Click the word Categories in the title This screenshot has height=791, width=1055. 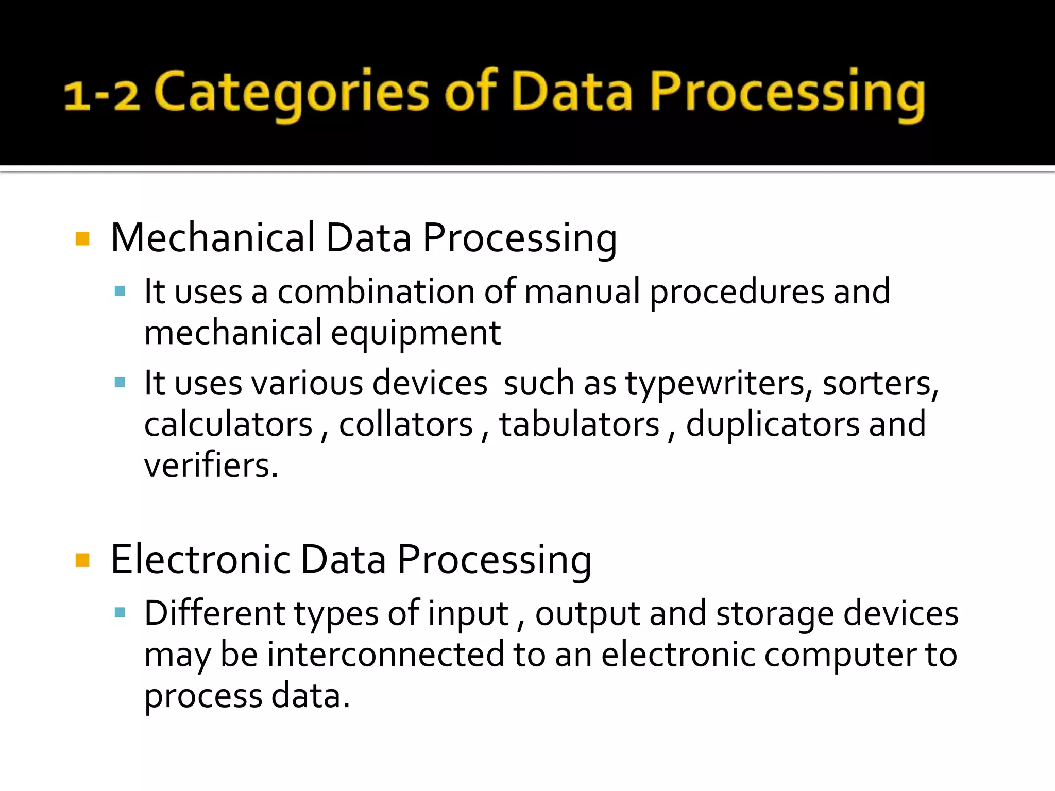coord(292,93)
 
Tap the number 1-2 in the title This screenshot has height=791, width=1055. coord(101,95)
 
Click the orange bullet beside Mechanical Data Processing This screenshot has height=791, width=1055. coord(82,239)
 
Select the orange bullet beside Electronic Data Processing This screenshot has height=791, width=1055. coord(82,560)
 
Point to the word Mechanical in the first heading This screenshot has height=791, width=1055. coord(213,238)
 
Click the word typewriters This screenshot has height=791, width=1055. coord(719,384)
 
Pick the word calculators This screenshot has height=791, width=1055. coord(228,425)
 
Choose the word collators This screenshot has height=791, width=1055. coord(405,425)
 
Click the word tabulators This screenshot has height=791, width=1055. coord(579,425)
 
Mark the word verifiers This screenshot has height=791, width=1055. coord(211,466)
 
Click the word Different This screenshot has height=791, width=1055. coord(214,613)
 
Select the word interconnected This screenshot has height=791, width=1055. coord(386,655)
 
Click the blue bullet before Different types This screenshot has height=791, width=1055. coord(120,613)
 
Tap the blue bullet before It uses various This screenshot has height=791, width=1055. coord(120,383)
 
